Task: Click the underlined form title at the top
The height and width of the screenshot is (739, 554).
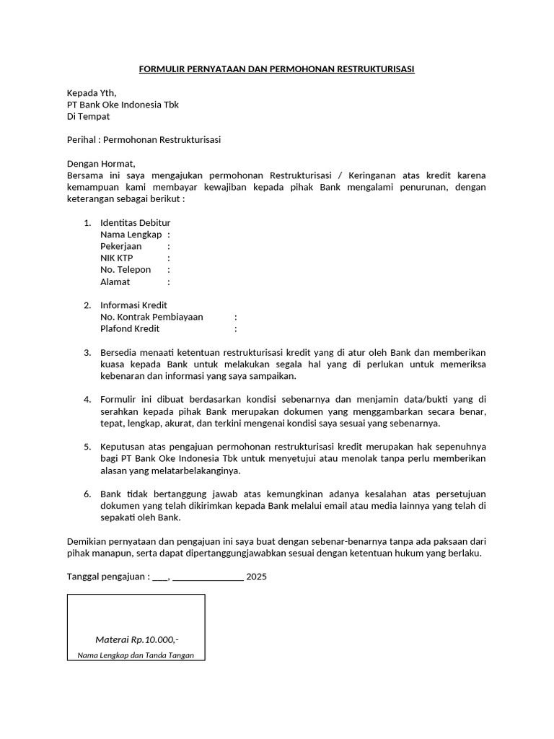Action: point(276,69)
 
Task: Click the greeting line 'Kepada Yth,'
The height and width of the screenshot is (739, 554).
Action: point(91,93)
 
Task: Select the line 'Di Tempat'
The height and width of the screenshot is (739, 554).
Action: point(88,116)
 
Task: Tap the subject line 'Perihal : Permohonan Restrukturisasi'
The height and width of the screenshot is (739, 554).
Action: point(144,140)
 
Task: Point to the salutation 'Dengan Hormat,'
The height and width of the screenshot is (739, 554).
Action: point(101,164)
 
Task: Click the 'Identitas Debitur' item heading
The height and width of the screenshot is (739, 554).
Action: point(135,222)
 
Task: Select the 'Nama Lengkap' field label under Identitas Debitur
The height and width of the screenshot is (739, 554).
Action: point(131,235)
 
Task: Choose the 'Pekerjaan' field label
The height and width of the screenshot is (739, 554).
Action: point(120,246)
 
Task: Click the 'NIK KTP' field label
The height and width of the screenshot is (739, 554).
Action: point(116,258)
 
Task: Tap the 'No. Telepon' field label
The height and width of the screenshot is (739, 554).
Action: point(126,270)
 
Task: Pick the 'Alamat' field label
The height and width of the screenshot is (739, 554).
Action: point(115,281)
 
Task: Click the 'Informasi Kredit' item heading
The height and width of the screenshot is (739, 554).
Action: point(133,305)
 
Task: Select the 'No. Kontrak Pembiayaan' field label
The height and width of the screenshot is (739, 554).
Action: point(151,317)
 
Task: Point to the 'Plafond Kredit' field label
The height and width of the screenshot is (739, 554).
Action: point(130,329)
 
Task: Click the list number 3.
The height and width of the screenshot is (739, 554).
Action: point(87,353)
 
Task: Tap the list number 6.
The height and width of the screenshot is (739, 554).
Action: point(87,494)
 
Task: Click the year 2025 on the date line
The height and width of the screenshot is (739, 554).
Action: point(256,577)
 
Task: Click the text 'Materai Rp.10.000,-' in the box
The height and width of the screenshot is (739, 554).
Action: point(136,640)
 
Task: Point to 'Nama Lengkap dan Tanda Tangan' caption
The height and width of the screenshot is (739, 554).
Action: point(136,655)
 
